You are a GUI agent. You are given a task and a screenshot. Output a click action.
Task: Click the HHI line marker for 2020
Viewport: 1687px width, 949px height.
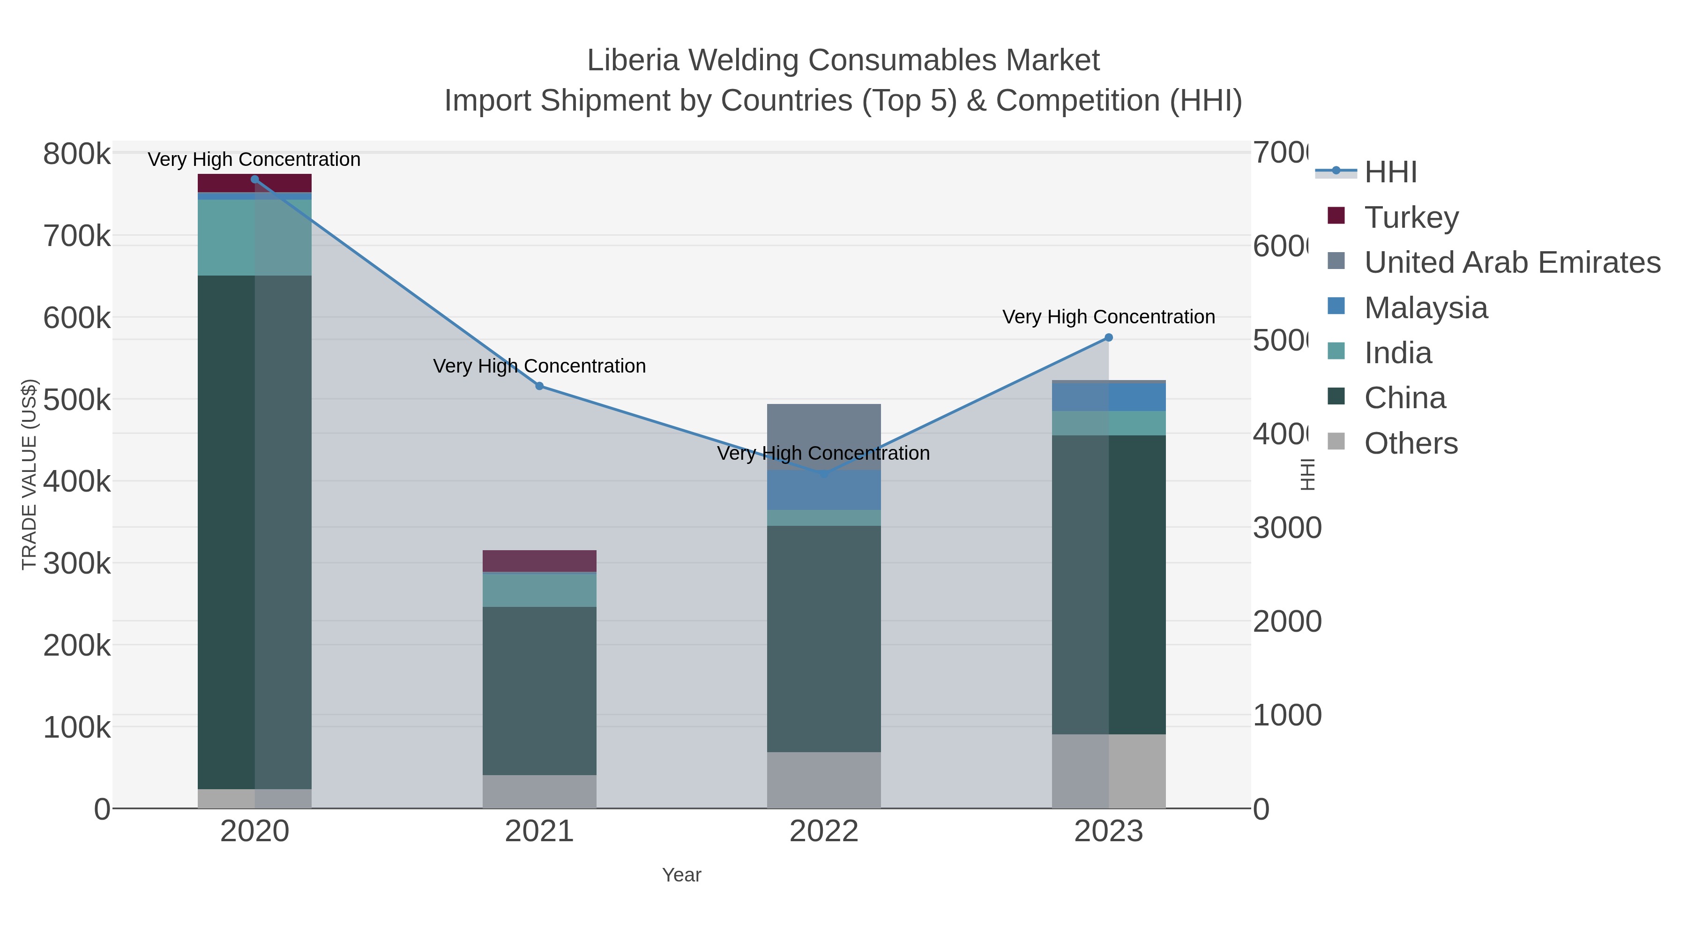pos(255,179)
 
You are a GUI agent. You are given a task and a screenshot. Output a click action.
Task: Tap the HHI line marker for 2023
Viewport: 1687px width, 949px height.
pos(1109,338)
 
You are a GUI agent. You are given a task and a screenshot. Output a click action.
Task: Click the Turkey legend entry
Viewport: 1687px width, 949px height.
pos(1411,217)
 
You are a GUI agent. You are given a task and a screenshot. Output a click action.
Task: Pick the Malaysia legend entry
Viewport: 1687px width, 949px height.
pos(1426,308)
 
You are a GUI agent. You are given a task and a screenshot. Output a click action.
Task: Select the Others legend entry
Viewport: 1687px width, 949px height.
pos(1411,443)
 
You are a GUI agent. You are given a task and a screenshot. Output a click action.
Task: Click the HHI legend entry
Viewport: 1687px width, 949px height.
pos(1390,172)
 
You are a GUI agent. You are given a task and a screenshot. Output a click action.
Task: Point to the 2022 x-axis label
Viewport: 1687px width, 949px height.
pos(824,832)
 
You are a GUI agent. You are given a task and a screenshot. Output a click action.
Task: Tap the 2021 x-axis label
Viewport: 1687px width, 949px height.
pos(539,832)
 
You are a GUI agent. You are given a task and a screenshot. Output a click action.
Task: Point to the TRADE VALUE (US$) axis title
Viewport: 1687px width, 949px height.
pos(30,474)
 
